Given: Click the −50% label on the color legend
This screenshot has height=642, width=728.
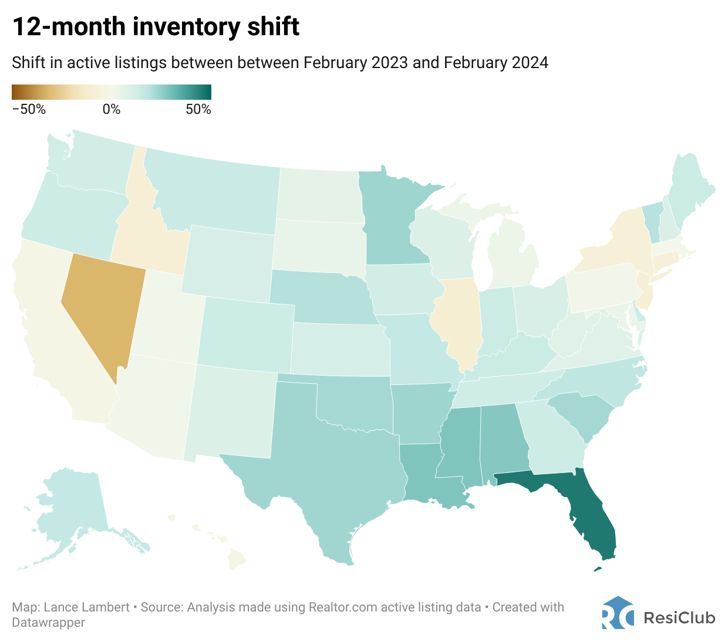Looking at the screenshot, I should [x=29, y=109].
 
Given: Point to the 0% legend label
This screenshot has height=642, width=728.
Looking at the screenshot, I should [x=112, y=109].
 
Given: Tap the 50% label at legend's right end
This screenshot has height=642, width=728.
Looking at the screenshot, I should [x=198, y=109].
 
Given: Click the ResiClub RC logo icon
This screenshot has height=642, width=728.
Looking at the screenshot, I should [x=618, y=613].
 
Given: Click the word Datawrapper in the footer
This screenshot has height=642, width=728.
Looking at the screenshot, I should [x=48, y=622].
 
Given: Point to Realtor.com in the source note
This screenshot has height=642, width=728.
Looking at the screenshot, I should [x=343, y=607].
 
